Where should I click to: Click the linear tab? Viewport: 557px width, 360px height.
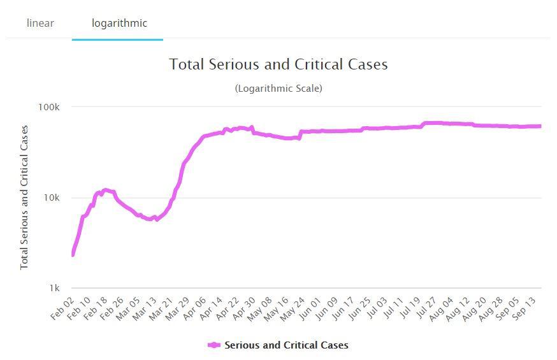click(x=40, y=24)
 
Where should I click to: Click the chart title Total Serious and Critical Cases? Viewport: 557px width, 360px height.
click(x=278, y=64)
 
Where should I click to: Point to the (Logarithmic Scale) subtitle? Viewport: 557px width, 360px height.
click(x=278, y=89)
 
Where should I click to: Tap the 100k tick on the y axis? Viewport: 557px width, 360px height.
click(x=48, y=107)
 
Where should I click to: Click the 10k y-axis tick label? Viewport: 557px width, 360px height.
click(x=51, y=198)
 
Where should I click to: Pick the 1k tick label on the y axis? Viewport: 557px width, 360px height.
click(x=54, y=288)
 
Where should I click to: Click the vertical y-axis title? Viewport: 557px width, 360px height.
click(x=24, y=197)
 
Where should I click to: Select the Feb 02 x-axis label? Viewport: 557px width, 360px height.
click(x=62, y=308)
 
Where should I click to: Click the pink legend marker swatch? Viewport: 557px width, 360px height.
click(x=214, y=345)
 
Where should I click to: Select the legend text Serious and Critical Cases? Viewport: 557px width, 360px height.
click(x=286, y=345)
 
